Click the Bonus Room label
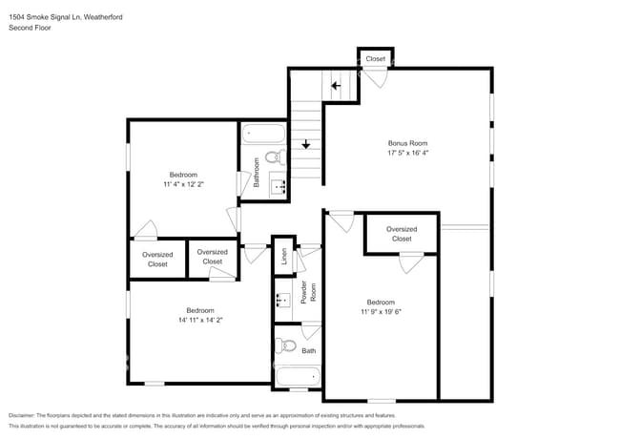click(406, 143)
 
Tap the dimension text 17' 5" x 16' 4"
click(406, 153)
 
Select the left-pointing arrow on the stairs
click(335, 86)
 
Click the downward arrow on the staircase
click(305, 145)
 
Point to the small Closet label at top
click(376, 58)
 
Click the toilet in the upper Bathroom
click(272, 157)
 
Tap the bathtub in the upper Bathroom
click(263, 135)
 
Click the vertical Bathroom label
click(257, 179)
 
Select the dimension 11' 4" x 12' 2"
click(183, 184)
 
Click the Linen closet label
click(283, 256)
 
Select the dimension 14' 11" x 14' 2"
click(199, 321)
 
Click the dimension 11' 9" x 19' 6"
click(381, 311)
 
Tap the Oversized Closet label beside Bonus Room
click(402, 234)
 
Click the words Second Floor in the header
click(30, 29)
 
